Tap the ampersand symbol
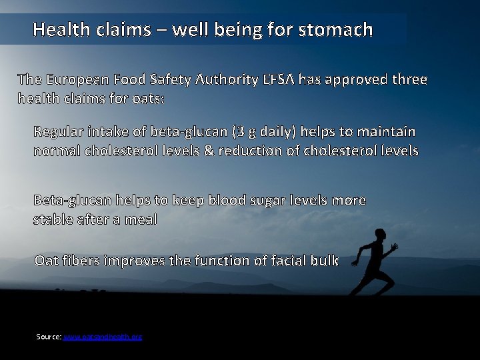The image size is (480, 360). [x=209, y=151]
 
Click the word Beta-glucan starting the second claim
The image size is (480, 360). [x=73, y=200]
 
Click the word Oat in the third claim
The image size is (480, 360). [x=45, y=261]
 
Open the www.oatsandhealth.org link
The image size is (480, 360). [x=103, y=337]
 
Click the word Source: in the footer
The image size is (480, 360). [x=49, y=337]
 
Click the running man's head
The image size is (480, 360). [x=380, y=234]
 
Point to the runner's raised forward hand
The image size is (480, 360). [x=395, y=247]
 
